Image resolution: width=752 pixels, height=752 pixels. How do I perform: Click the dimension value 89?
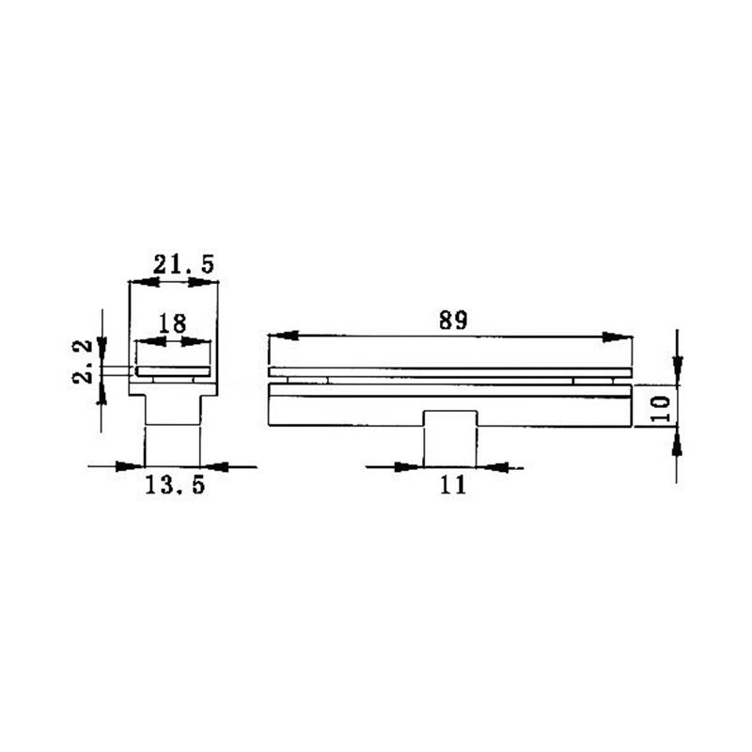click(452, 320)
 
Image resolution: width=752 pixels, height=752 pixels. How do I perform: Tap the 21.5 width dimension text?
click(184, 265)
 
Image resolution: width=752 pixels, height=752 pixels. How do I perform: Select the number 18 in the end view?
click(172, 323)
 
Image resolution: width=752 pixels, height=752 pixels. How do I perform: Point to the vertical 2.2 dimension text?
click(84, 362)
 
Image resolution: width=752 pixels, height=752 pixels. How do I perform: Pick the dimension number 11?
click(452, 485)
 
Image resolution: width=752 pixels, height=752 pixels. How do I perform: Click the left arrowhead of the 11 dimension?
click(409, 465)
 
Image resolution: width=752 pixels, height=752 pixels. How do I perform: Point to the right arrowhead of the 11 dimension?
click(492, 465)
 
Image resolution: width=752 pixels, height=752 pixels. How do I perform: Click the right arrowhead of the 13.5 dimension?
click(215, 465)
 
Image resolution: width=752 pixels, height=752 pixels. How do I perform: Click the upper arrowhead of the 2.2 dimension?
click(102, 352)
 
